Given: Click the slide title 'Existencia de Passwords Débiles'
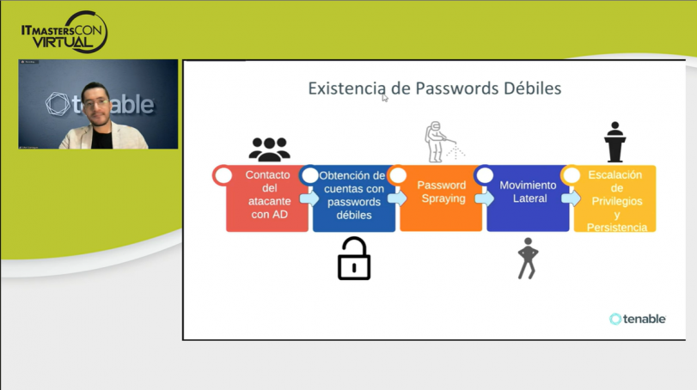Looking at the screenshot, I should coord(434,88).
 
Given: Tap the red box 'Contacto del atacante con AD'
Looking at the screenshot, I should coord(267,202).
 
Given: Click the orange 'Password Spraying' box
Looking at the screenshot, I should coord(441,202).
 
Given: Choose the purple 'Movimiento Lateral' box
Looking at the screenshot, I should coord(528,202).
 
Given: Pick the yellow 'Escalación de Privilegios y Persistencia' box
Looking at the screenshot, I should coord(614,202).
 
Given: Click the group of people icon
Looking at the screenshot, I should coord(269,149).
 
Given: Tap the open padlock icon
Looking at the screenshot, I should coord(354,259).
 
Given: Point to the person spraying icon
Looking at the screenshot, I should coord(441,142).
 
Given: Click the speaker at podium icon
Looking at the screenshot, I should coord(614,142).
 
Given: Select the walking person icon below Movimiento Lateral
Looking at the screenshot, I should coord(528,259).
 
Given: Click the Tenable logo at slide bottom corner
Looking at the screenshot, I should coord(638,319).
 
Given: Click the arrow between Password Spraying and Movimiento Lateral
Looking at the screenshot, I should coord(483,198).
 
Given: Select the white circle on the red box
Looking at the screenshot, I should coord(223,175).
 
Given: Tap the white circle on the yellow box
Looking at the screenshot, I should coord(571,175).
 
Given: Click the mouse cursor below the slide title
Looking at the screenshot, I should coord(385,98).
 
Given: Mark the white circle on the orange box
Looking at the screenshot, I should coord(397,175).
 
